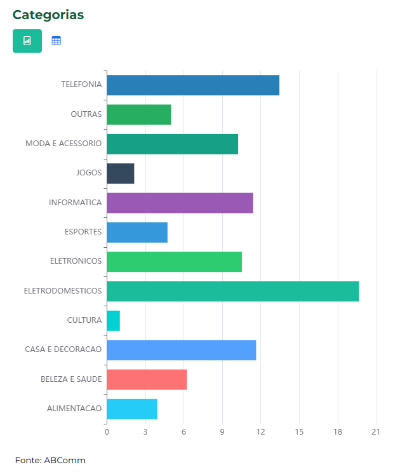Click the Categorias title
pyautogui.click(x=48, y=15)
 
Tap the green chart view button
pyautogui.click(x=27, y=41)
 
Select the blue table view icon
pyautogui.click(x=57, y=41)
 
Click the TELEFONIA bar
pyautogui.click(x=193, y=85)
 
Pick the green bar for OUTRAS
pyautogui.click(x=138, y=114)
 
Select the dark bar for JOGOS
pyautogui.click(x=120, y=173)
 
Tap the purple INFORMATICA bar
pyautogui.click(x=180, y=203)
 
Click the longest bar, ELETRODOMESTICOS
pyautogui.click(x=232, y=291)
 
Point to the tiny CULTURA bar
pyautogui.click(x=113, y=321)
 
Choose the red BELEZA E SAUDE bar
pyautogui.click(x=147, y=379)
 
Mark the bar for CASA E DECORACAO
pyautogui.click(x=181, y=350)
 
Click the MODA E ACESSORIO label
pyautogui.click(x=63, y=144)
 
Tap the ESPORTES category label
pyautogui.click(x=83, y=232)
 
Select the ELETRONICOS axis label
pyautogui.click(x=76, y=261)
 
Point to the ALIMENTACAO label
pyautogui.click(x=74, y=409)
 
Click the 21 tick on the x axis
pyautogui.click(x=376, y=433)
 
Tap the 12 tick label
pyautogui.click(x=261, y=433)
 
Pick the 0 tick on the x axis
pyautogui.click(x=107, y=433)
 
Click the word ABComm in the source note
pyautogui.click(x=65, y=460)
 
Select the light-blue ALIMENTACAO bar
pyautogui.click(x=131, y=409)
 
